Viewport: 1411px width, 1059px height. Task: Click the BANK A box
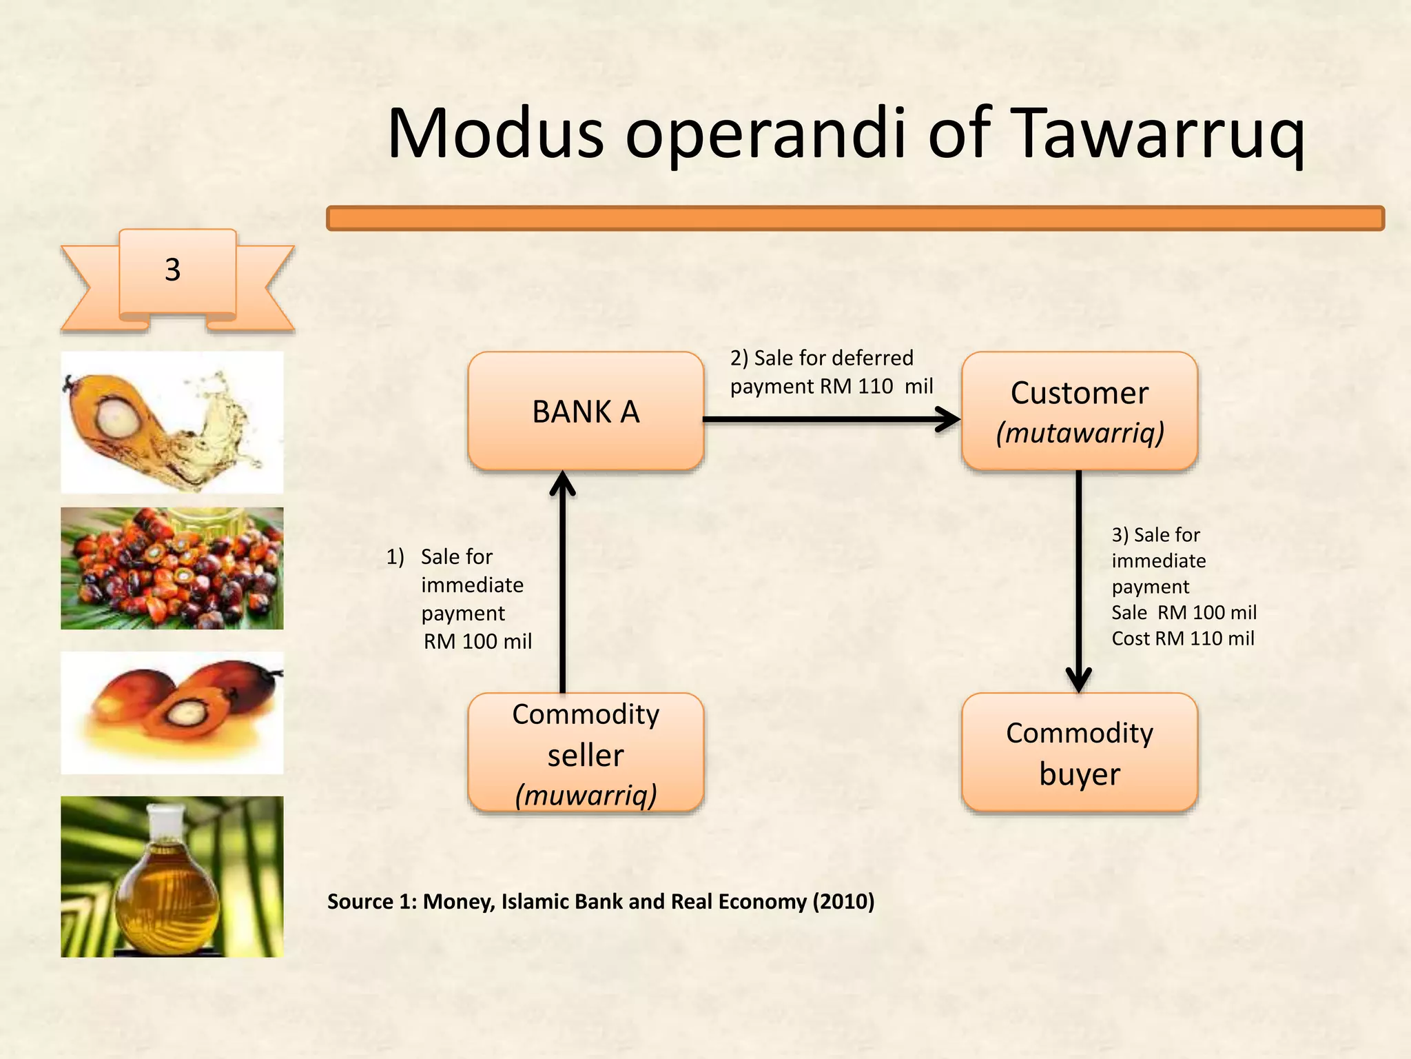[x=586, y=412]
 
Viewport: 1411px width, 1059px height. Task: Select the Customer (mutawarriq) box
[x=1080, y=412]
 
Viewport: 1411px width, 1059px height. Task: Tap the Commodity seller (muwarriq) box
[x=586, y=753]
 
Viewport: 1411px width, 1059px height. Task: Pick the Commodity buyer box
[x=1080, y=753]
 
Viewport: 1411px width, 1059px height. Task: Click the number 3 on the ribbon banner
[x=173, y=270]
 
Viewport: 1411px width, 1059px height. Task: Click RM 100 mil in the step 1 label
[x=477, y=641]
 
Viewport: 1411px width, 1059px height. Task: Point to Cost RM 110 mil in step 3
[x=1182, y=638]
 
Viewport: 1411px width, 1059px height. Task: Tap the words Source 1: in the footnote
[x=371, y=901]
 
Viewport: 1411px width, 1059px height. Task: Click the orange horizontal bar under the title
[x=854, y=218]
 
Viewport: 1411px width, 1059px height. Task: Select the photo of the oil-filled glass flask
[x=172, y=876]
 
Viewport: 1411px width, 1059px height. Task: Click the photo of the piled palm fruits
[x=172, y=568]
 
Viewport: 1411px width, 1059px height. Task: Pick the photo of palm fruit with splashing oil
[x=172, y=422]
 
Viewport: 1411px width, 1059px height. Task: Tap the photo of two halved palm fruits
[x=172, y=712]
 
